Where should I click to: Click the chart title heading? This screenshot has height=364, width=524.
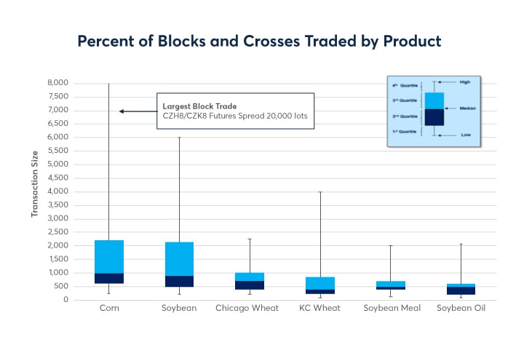[259, 41]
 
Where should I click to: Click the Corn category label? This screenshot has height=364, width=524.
[109, 309]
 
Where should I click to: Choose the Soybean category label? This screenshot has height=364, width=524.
[179, 309]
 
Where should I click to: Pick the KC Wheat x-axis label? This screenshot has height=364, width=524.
[319, 309]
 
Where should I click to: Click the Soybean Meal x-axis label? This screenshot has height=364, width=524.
[390, 309]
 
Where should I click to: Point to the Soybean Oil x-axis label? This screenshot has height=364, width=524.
[461, 309]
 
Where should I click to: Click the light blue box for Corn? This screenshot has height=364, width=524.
[109, 256]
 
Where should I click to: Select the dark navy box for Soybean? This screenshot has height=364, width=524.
[179, 281]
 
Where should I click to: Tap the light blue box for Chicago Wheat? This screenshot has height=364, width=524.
[249, 277]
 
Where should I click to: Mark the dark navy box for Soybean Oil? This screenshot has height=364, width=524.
[461, 290]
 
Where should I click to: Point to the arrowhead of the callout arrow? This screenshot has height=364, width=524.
[122, 111]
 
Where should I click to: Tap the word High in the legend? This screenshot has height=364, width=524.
[466, 82]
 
